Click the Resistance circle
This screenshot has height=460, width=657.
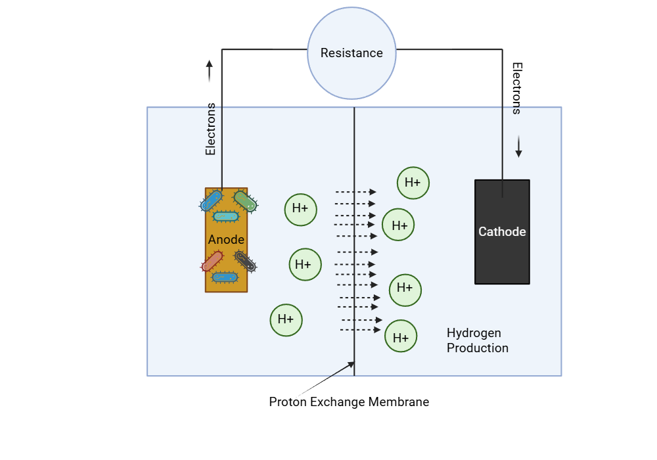(x=351, y=53)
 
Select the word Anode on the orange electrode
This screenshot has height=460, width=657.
(x=226, y=240)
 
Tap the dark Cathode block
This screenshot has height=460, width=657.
(x=502, y=231)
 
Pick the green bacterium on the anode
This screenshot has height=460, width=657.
(x=244, y=201)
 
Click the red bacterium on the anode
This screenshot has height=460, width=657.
(x=212, y=262)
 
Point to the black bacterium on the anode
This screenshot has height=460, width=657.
(x=245, y=262)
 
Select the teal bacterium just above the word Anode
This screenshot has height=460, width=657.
(x=226, y=216)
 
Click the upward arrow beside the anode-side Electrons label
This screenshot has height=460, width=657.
(x=210, y=71)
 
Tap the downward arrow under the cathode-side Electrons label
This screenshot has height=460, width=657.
(x=518, y=147)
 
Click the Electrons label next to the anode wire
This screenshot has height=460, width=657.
(x=210, y=129)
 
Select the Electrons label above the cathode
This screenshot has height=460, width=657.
(x=517, y=89)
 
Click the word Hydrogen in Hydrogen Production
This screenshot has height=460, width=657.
(x=474, y=333)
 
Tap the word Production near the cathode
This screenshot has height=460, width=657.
(x=478, y=348)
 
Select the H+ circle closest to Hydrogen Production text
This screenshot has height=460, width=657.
(x=401, y=336)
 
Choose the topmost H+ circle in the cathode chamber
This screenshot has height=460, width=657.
(x=413, y=183)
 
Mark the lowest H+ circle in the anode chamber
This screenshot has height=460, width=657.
(x=286, y=320)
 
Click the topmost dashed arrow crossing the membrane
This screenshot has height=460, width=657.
(x=355, y=192)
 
